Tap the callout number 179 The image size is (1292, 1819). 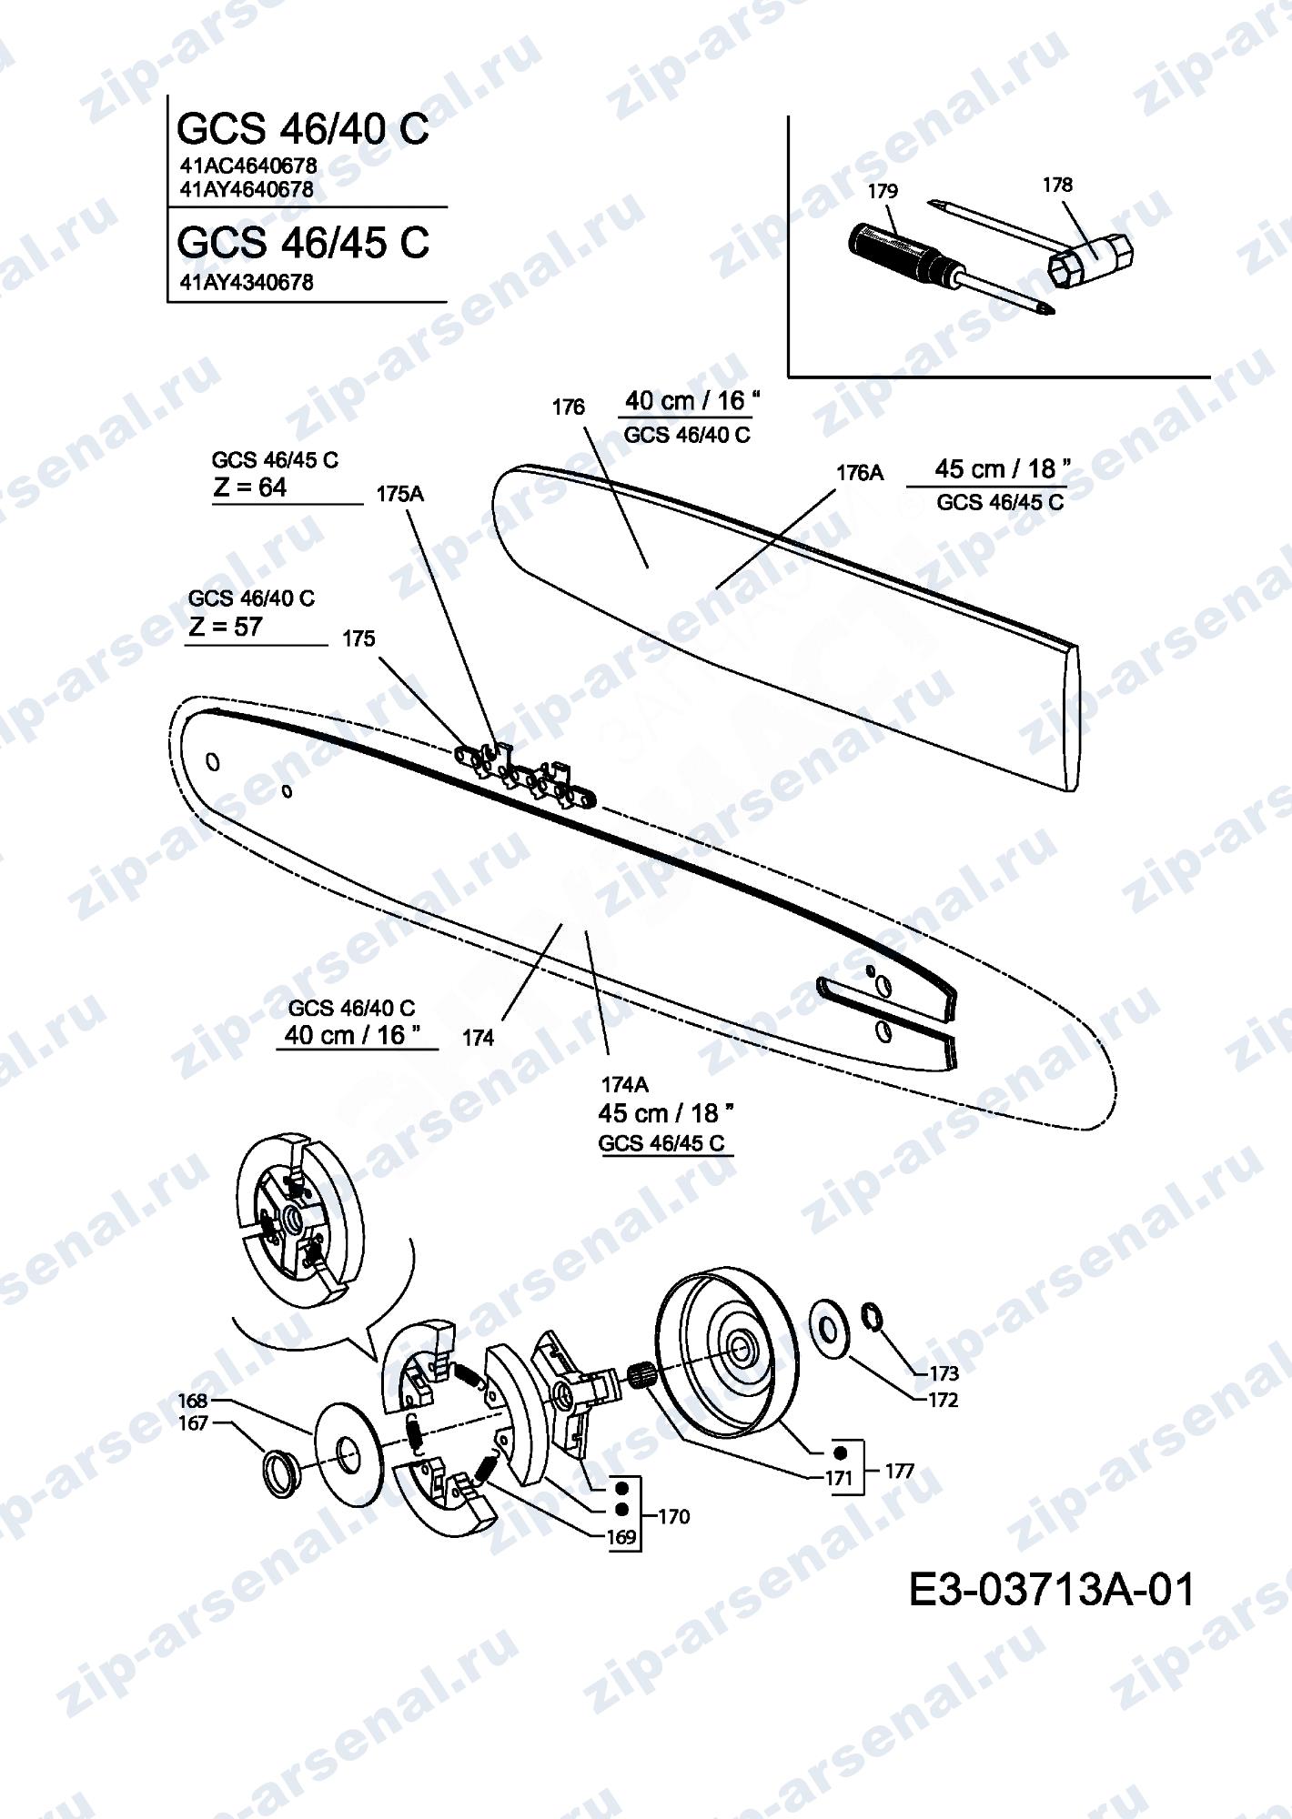click(883, 191)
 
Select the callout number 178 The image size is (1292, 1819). click(1057, 185)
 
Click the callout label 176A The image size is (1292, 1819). click(860, 473)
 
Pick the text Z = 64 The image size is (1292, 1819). click(250, 487)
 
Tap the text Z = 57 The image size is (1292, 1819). click(226, 627)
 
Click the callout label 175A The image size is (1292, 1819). click(400, 495)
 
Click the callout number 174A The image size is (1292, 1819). click(625, 1084)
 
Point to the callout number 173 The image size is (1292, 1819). click(944, 1373)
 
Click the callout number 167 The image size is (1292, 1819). click(194, 1423)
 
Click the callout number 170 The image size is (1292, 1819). click(673, 1516)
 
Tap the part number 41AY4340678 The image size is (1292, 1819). click(247, 283)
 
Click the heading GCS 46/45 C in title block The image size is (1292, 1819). click(302, 242)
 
